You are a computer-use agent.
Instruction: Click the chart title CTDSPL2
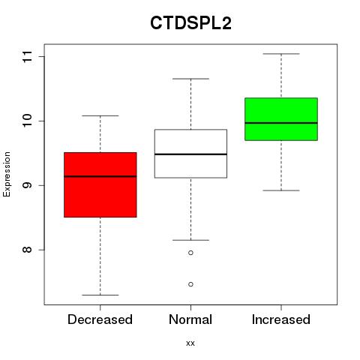pos(190,23)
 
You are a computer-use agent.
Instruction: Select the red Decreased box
pos(100,184)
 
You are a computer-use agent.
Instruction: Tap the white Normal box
pos(190,154)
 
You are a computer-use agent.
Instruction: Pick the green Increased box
pos(281,119)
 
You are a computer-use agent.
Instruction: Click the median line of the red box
pos(100,176)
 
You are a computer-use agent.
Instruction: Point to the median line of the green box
pos(281,123)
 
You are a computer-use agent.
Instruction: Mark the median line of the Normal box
pos(190,154)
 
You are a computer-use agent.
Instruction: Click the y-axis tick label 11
pos(27,57)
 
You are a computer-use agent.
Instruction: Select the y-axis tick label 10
pos(27,121)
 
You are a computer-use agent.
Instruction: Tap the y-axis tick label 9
pos(27,185)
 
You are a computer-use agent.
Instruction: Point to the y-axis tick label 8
pos(27,250)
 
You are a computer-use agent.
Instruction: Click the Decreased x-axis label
pos(100,319)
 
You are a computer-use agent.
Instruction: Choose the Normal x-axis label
pos(190,319)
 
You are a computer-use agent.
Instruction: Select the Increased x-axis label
pos(281,319)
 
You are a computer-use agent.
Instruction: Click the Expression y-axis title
pos(7,174)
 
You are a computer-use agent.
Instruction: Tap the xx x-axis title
pos(190,343)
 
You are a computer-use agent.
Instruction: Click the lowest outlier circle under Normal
pos(190,284)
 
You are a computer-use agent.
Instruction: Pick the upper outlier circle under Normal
pos(190,253)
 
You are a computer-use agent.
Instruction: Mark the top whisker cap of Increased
pos(281,54)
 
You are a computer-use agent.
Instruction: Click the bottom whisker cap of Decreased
pos(100,295)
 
